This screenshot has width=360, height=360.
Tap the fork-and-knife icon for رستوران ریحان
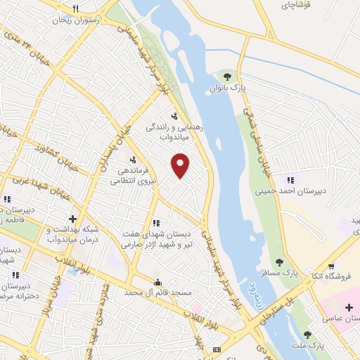(75, 8)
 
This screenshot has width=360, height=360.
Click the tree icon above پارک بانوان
(227, 77)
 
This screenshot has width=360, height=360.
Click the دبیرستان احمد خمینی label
(292, 190)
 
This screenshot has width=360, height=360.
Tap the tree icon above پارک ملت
(307, 334)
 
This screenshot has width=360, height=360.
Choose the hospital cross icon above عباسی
(349, 307)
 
